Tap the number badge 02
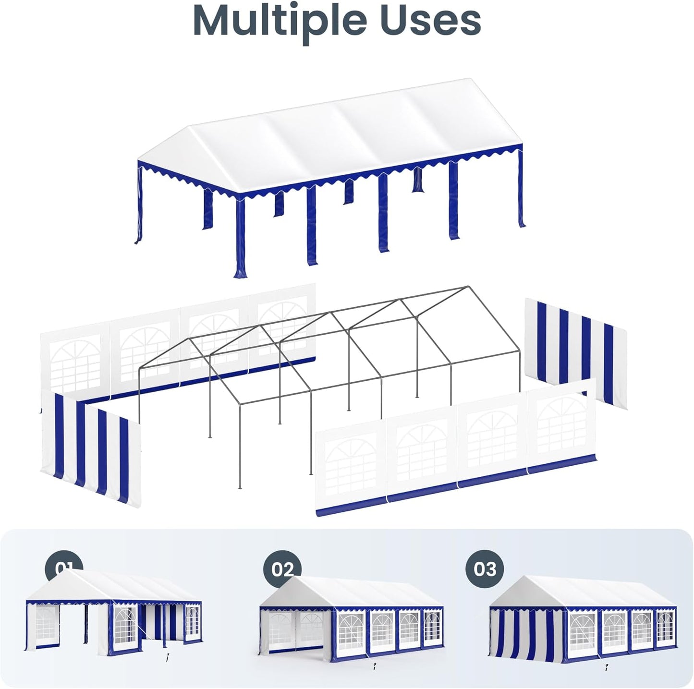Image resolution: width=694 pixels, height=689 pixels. point(282,569)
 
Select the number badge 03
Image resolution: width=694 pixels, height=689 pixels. point(485,569)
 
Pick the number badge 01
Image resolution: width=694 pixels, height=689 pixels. point(64,567)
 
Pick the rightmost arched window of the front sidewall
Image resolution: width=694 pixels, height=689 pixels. point(561,423)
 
